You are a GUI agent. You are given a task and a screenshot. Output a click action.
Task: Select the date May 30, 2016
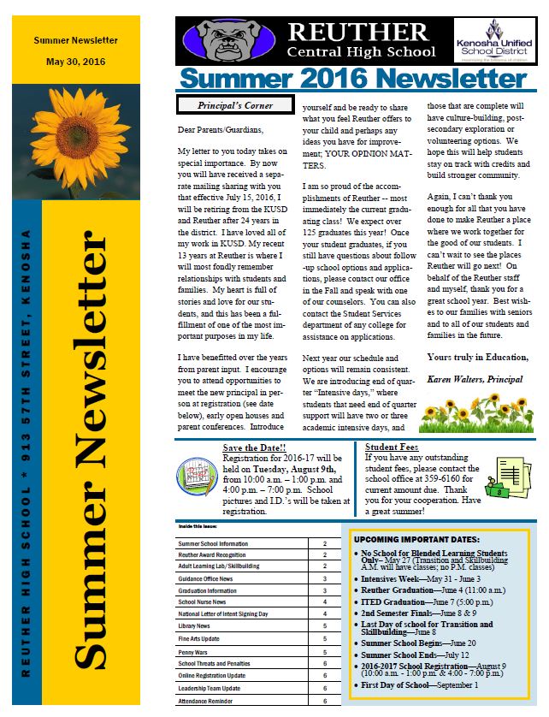tap(76, 62)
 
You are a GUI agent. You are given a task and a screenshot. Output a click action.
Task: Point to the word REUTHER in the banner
tap(358, 31)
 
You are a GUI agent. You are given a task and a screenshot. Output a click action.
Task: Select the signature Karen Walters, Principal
tap(475, 378)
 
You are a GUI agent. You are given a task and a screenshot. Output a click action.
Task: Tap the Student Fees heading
tap(391, 447)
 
